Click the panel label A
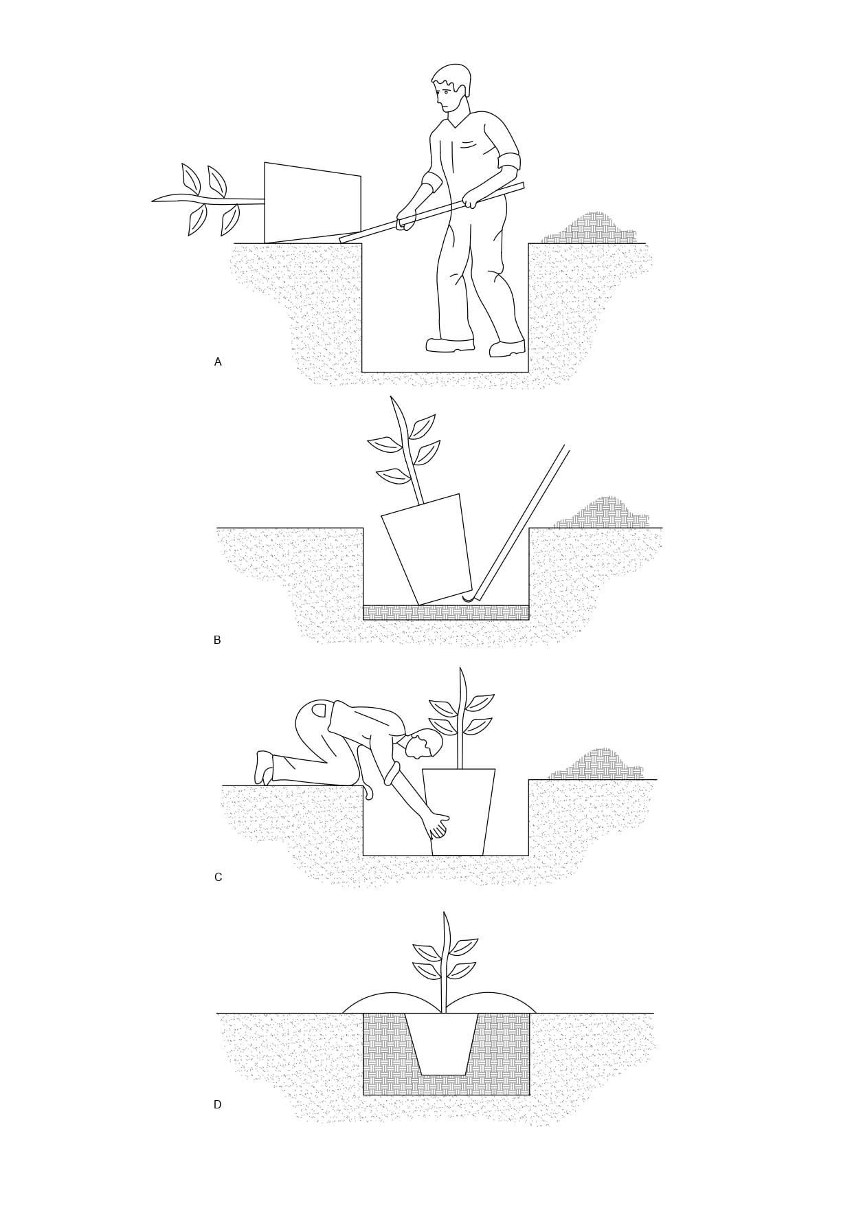point(218,362)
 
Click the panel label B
point(217,640)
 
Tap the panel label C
point(218,878)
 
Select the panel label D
point(217,1105)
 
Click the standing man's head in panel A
point(451,87)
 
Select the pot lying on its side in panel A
point(313,203)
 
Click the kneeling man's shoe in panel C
point(263,768)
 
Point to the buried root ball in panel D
point(442,1044)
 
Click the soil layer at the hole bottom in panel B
point(446,612)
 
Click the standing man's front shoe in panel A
point(450,345)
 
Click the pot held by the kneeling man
point(459,812)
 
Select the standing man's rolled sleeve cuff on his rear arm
point(509,163)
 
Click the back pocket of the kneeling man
point(319,711)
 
